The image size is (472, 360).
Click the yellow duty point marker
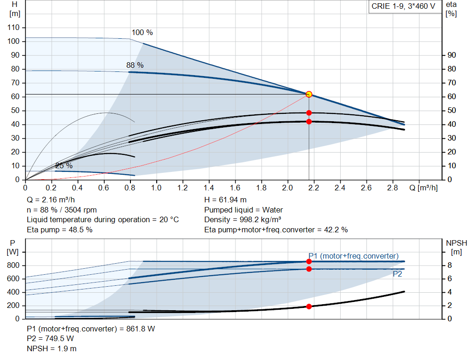(x=309, y=94)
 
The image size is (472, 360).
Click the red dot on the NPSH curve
(x=309, y=306)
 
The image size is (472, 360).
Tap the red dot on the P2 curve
(x=309, y=269)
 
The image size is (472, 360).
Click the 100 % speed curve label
(x=142, y=33)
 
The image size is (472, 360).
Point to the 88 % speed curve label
(x=135, y=65)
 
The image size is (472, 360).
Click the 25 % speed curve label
(x=64, y=165)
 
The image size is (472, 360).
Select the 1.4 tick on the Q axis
(x=209, y=188)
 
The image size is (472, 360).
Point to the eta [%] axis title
(x=451, y=9)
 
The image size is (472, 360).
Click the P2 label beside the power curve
(x=397, y=274)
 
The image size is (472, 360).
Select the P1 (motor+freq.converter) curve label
(x=354, y=256)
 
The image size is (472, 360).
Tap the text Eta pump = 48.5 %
(x=59, y=230)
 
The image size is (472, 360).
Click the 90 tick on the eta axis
(x=452, y=55)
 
